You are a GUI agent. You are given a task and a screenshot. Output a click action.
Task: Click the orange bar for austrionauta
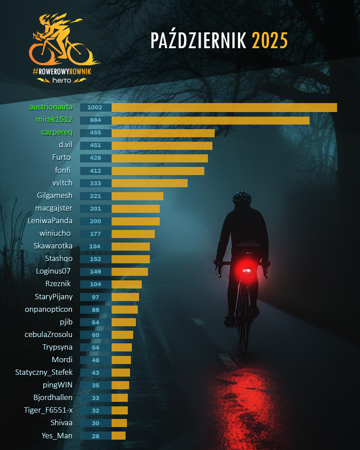click(224, 108)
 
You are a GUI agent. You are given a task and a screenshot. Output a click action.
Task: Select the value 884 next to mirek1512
click(95, 120)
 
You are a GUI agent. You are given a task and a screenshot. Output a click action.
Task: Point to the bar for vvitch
click(149, 183)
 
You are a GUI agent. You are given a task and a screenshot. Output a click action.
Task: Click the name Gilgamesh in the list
click(54, 196)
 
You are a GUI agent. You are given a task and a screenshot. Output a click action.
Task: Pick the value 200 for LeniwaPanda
click(95, 221)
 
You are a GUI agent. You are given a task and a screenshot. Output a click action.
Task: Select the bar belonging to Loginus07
click(130, 271)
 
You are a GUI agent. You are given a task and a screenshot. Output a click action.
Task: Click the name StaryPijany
click(54, 297)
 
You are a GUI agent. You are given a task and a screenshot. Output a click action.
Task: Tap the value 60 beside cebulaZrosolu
click(95, 335)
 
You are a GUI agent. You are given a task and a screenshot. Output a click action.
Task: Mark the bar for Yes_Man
click(118, 436)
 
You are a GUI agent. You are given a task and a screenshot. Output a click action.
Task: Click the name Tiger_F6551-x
click(48, 410)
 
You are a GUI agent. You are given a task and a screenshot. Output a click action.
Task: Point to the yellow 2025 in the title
click(270, 41)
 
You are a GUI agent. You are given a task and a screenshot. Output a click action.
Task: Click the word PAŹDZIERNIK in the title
click(198, 41)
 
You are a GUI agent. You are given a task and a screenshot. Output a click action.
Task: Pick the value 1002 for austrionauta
click(95, 108)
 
